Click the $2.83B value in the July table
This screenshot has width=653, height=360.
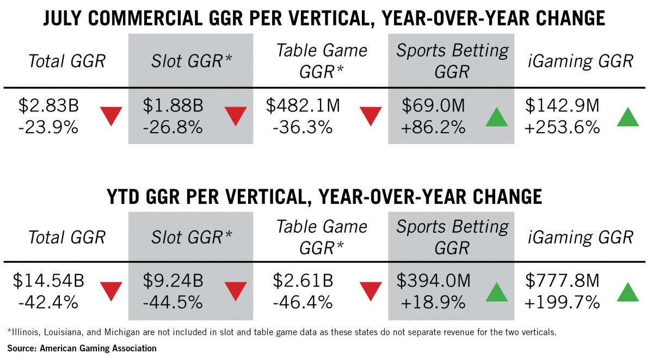coord(48,105)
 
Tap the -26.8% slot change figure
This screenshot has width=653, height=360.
coord(173,127)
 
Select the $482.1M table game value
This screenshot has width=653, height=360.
coord(303,105)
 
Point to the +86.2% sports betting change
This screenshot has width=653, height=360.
coord(433,127)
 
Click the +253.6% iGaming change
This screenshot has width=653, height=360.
coord(562,127)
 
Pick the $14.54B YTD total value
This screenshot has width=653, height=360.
coord(48,281)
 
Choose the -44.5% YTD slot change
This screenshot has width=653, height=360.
coord(173,302)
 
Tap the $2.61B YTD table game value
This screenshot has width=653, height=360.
coord(303,281)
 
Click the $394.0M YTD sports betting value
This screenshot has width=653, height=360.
coord(433,281)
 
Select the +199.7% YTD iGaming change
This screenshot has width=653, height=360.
coord(562,302)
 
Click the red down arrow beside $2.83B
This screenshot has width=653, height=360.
coord(111,116)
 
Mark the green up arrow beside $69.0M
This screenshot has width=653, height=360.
coord(497,116)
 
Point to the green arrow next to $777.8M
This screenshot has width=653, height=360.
coord(628,291)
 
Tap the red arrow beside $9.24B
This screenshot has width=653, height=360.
coord(236,291)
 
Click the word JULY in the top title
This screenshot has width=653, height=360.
coord(63,18)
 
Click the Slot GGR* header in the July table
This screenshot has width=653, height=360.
coord(191,61)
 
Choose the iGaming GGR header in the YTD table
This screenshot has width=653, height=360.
coord(580,237)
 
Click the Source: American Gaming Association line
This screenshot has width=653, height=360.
coord(82,349)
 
